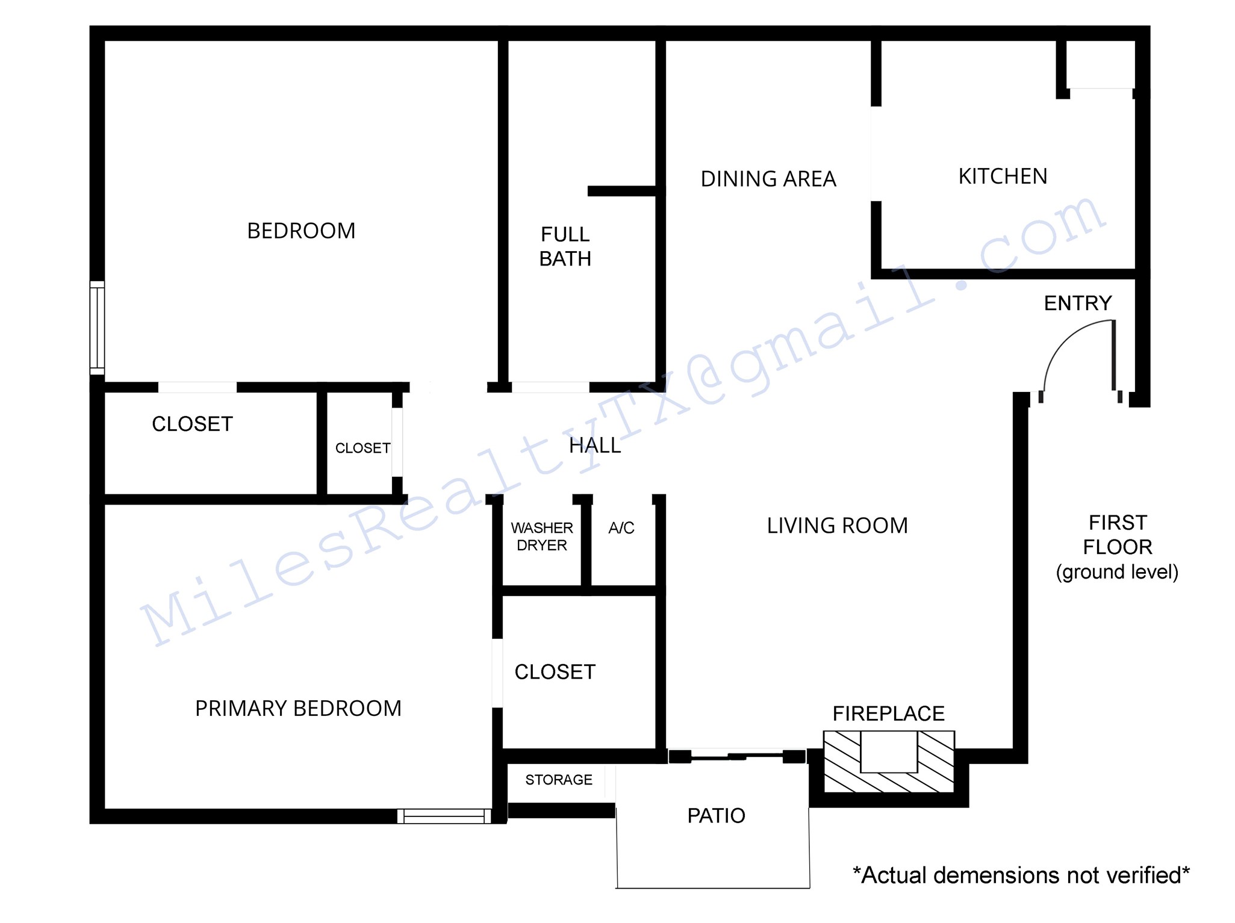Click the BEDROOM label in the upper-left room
(301, 231)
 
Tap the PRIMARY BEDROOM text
(298, 709)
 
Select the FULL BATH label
(565, 246)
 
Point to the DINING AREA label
(768, 179)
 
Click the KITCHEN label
(1003, 176)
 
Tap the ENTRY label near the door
(1078, 303)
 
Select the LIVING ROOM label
(837, 526)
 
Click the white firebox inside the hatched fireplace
(889, 751)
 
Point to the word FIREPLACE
(888, 713)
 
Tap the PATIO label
(716, 816)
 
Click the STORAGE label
(559, 780)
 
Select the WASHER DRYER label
(542, 536)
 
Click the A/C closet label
(621, 528)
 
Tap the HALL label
(595, 446)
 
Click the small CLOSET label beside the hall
(362, 448)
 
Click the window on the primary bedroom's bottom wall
(444, 816)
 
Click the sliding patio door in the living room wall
(737, 756)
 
